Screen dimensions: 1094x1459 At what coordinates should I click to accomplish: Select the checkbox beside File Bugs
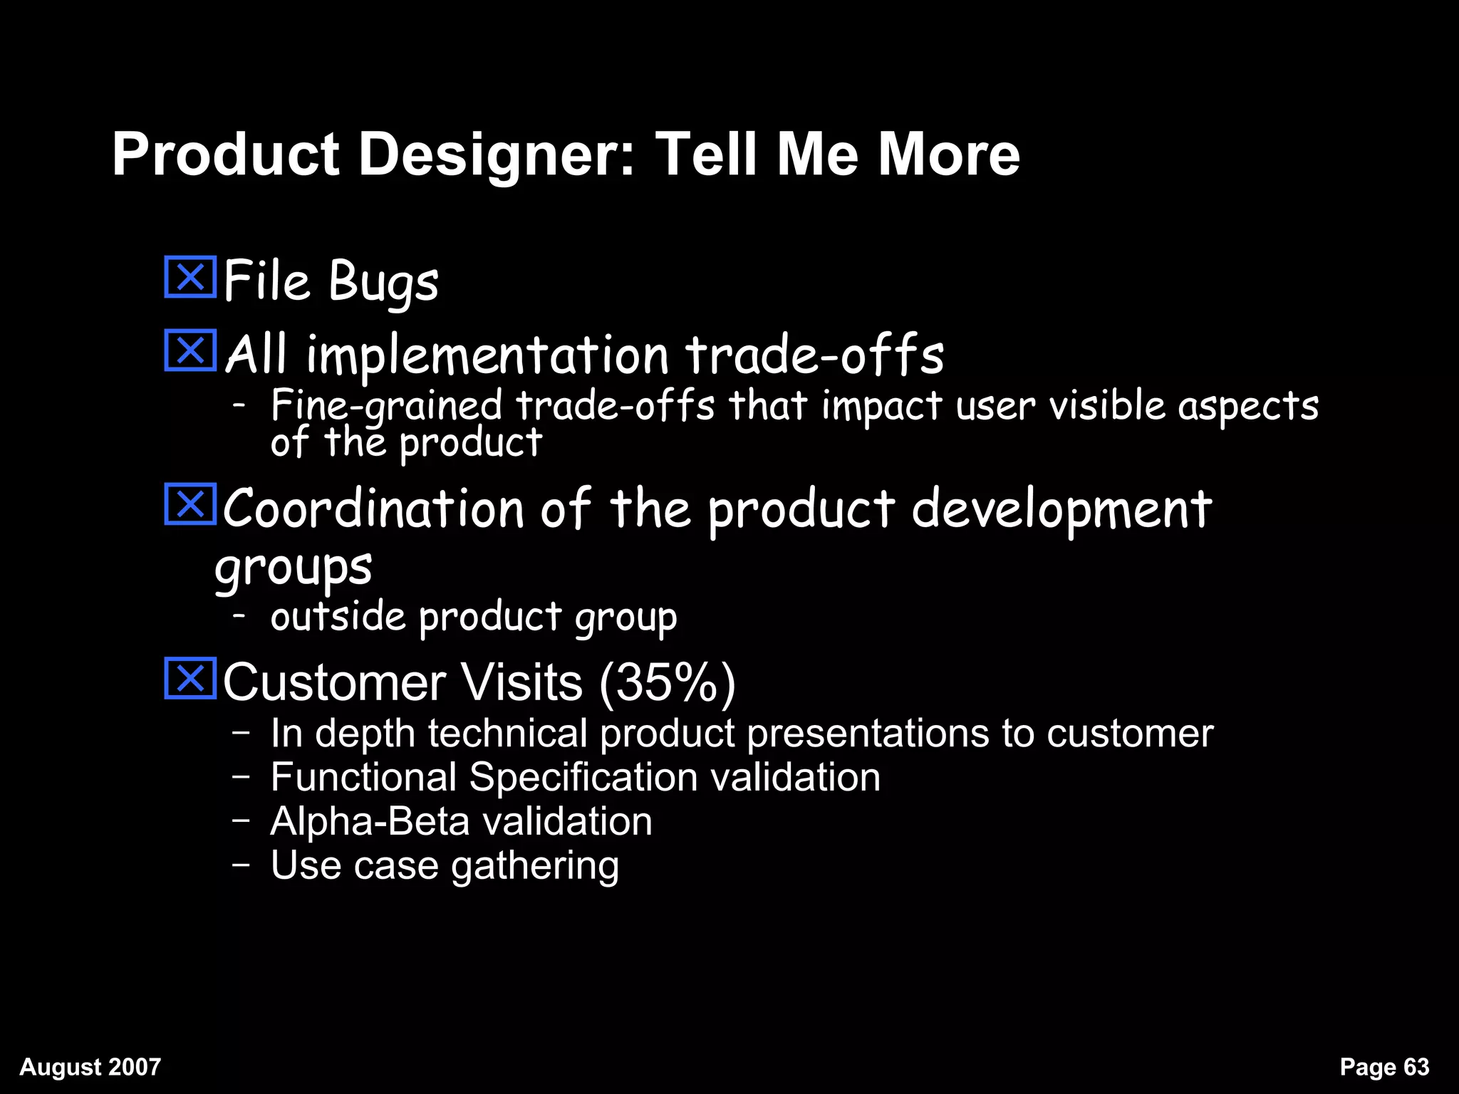190,277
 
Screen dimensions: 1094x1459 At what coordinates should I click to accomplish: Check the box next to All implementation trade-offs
190,350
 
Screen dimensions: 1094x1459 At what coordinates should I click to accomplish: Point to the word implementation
487,355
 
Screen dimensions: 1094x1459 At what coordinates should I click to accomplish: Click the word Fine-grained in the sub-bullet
387,407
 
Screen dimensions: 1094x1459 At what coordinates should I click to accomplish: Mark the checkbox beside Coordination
190,504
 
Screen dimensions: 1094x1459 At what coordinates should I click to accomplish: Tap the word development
1061,510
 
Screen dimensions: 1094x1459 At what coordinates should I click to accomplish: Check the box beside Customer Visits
190,678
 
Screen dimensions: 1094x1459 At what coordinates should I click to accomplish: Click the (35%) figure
667,683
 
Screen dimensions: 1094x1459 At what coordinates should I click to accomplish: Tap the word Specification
583,777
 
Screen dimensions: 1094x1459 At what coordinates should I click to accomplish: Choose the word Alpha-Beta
370,821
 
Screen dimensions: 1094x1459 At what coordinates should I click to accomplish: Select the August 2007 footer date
90,1067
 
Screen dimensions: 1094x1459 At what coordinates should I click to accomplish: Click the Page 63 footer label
1384,1067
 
